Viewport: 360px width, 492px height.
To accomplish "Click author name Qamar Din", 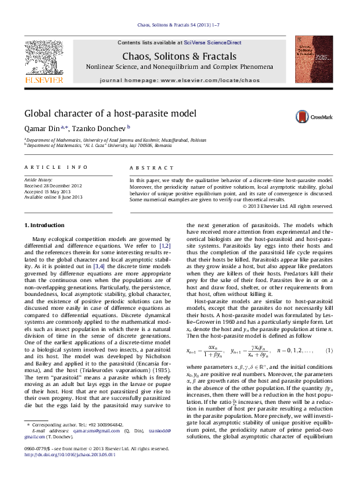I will pyautogui.click(x=41, y=128).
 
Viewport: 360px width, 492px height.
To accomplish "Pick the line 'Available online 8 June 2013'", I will pyautogui.click(x=54, y=197).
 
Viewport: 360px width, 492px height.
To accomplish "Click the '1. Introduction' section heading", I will pyautogui.click(x=44, y=226).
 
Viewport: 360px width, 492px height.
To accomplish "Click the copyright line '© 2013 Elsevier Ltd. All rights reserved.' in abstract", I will pyautogui.click(x=287, y=206).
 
